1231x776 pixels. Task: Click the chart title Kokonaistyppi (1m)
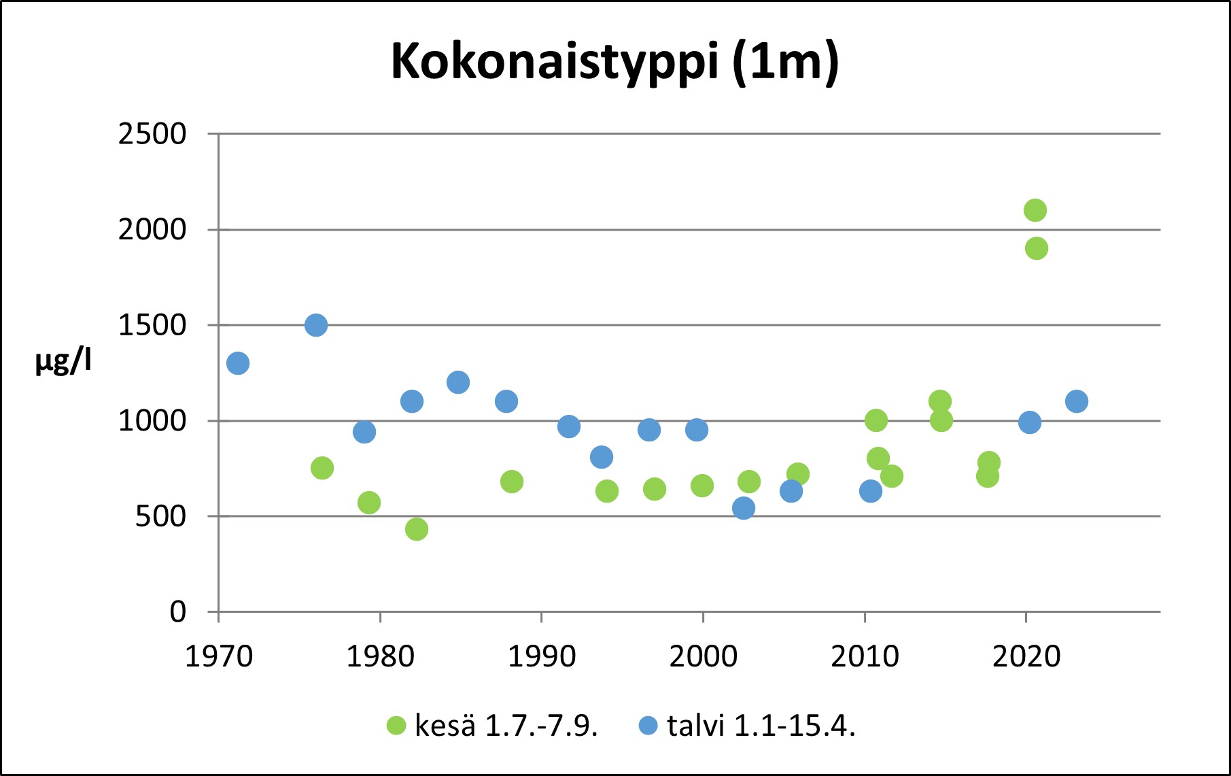point(614,63)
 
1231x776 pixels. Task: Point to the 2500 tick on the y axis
point(152,134)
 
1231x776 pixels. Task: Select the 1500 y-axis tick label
point(152,325)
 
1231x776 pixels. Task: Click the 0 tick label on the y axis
point(177,612)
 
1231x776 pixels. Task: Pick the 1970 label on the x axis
point(219,657)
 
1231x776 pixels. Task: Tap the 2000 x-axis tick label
point(703,657)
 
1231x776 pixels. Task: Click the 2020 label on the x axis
point(1026,657)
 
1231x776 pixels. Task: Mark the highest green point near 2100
point(1035,210)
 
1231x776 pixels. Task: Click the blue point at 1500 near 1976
point(316,325)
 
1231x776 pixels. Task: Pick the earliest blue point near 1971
point(238,363)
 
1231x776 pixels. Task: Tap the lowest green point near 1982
point(417,528)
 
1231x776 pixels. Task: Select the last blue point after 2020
point(1077,401)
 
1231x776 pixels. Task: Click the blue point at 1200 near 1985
point(458,382)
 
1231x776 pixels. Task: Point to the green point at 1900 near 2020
point(1036,248)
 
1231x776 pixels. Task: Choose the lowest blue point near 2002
point(744,508)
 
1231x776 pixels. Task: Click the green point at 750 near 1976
point(322,468)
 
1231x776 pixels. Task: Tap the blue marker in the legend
point(648,726)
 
